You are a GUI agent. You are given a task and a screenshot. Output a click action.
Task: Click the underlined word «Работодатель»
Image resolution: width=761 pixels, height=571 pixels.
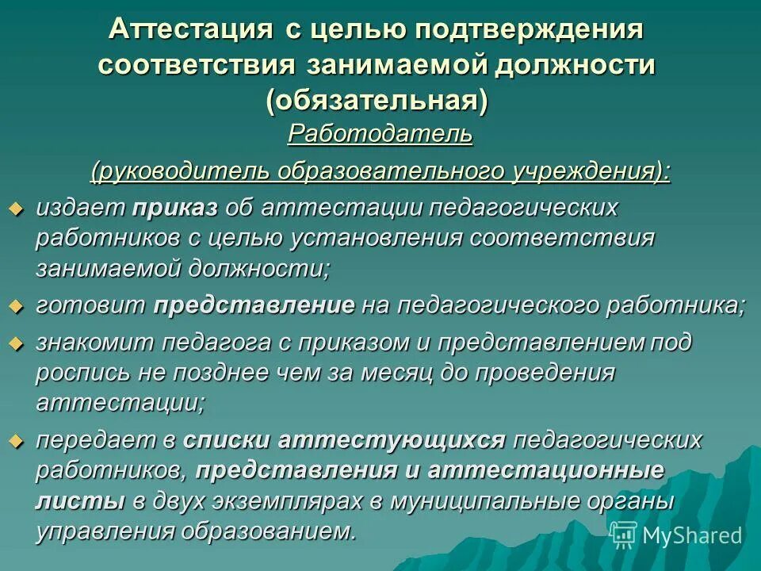[380, 133]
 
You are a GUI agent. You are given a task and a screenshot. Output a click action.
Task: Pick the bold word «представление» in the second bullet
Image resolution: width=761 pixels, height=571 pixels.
[254, 305]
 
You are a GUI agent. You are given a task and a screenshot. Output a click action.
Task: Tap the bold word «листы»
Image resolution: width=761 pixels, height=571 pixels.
[79, 500]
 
